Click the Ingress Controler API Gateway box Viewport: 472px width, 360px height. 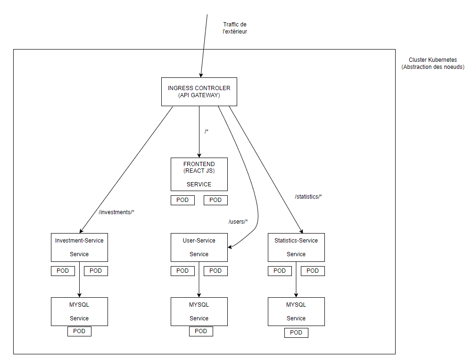[199, 92]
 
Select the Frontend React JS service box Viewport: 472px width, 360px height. [199, 174]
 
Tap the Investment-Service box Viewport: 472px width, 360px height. [79, 247]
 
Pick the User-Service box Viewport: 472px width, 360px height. [199, 247]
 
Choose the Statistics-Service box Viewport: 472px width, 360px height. [296, 247]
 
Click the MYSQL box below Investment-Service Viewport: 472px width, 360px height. [79, 311]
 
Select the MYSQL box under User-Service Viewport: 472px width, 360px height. [199, 311]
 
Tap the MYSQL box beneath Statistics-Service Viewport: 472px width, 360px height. [296, 311]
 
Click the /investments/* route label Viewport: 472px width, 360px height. [116, 212]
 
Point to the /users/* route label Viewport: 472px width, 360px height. [238, 222]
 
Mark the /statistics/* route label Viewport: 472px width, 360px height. [308, 197]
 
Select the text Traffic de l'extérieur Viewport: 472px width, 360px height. [235, 28]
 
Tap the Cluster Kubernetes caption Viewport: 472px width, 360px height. [433, 64]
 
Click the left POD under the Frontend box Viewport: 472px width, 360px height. [182, 200]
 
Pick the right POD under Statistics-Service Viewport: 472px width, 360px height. [313, 271]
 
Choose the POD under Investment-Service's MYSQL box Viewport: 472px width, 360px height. [79, 331]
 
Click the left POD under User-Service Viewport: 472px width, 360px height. [182, 271]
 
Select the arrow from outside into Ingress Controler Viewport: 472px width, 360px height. [204, 47]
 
